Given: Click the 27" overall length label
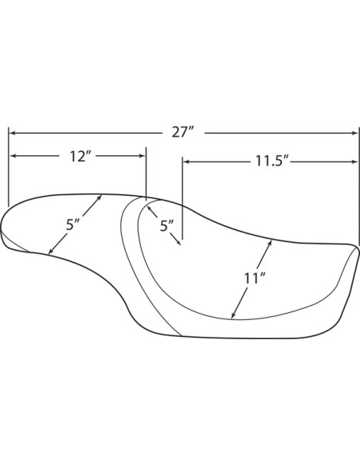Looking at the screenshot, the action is (x=183, y=132).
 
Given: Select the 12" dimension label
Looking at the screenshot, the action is (x=78, y=156).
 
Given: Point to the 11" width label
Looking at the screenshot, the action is (x=254, y=279).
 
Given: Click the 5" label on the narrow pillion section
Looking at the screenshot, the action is (x=72, y=225).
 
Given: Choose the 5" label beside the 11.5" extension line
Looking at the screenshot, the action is (x=167, y=226).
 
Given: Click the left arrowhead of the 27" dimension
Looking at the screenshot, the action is (x=13, y=133).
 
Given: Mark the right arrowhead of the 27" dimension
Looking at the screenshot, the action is (x=355, y=133).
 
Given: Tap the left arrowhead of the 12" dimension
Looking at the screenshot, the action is (x=14, y=156).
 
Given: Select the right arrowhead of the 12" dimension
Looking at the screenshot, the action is (x=142, y=156).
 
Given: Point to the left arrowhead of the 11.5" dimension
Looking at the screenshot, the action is (x=186, y=162).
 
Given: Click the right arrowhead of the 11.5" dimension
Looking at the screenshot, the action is (x=355, y=162).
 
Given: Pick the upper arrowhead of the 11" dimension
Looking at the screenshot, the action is (x=269, y=243).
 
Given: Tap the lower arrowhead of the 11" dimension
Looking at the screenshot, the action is (x=233, y=315).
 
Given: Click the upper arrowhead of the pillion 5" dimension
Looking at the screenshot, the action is (x=99, y=197).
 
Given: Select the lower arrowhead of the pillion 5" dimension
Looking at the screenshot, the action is (x=50, y=252).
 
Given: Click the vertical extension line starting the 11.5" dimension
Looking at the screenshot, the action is (x=182, y=198).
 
